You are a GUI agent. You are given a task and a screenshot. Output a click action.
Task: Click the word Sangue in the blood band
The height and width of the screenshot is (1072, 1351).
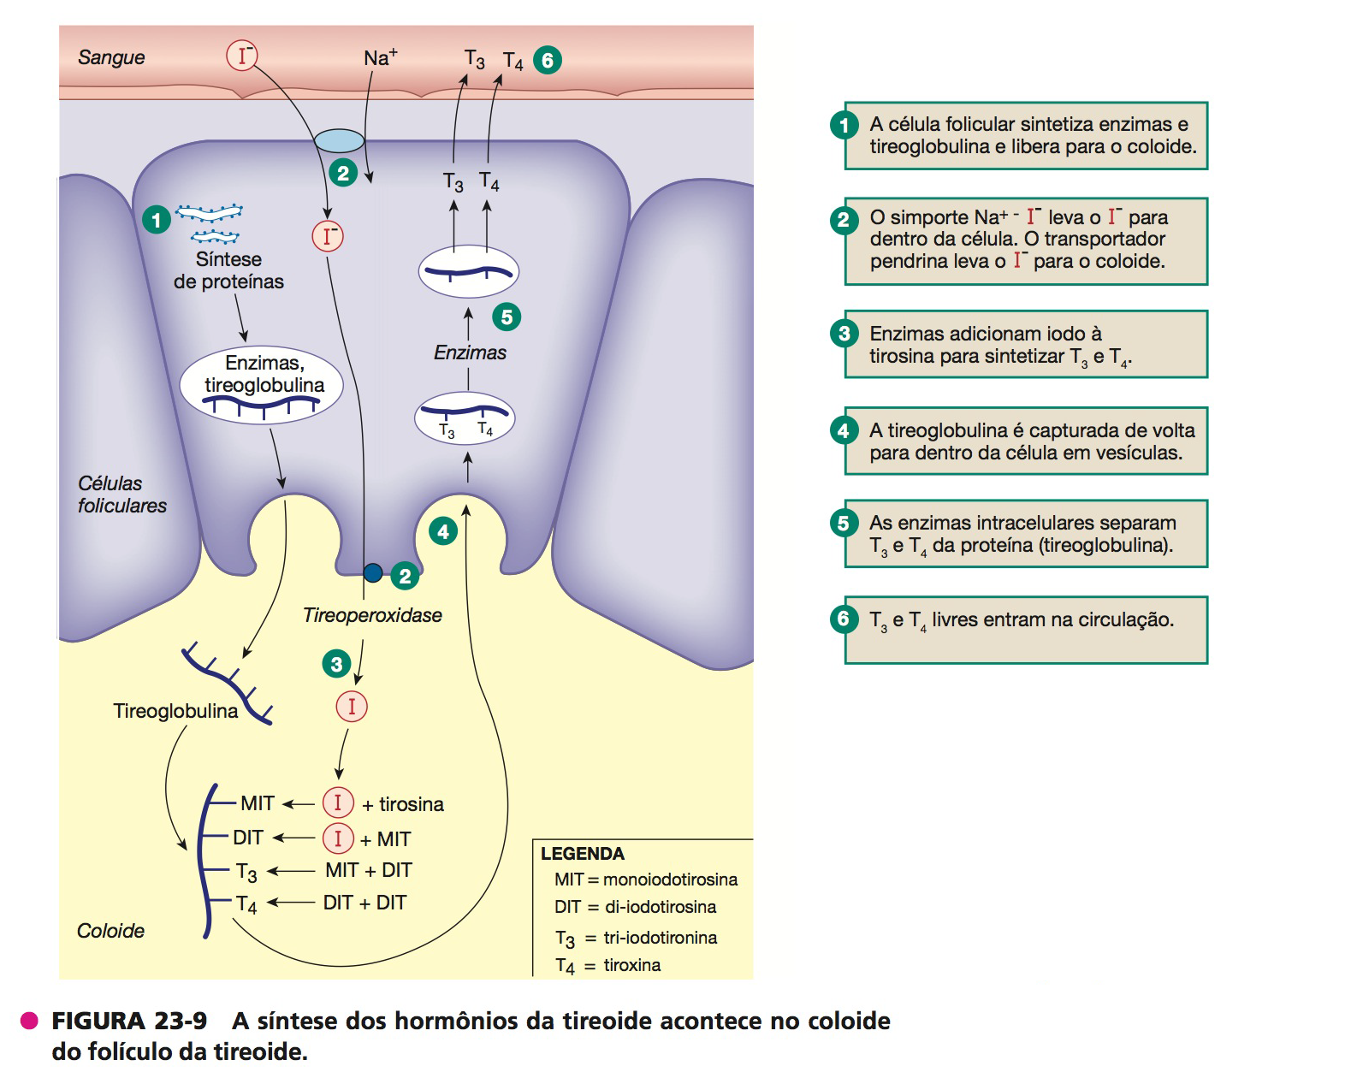coord(111,57)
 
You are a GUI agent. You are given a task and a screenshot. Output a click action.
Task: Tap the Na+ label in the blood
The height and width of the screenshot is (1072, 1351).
coord(380,57)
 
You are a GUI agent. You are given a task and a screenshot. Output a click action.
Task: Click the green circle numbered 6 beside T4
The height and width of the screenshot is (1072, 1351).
coord(548,60)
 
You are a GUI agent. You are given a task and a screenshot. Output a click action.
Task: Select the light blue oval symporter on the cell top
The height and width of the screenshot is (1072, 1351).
coord(340,140)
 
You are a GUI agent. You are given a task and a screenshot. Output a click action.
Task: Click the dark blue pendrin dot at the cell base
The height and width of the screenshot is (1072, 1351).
coord(373,572)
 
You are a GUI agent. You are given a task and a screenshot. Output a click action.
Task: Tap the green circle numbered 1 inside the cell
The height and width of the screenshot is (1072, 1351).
coord(156,220)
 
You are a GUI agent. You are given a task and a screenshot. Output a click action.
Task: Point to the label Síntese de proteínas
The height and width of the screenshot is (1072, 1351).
coord(228,270)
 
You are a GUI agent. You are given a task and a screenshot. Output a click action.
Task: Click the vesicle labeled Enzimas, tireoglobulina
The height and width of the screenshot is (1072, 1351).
coord(262,385)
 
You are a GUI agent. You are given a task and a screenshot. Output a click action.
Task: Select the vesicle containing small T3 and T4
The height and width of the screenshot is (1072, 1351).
coord(465,418)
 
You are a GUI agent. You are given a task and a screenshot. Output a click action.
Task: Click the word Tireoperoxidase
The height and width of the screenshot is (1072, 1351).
coord(372,615)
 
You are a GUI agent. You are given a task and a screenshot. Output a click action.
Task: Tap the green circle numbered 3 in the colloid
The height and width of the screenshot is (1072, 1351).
coord(336,663)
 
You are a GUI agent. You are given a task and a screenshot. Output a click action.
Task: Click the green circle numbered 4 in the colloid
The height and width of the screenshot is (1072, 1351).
coord(442,531)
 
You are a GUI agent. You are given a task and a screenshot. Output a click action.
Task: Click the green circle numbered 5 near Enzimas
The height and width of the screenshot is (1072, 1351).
coord(507,317)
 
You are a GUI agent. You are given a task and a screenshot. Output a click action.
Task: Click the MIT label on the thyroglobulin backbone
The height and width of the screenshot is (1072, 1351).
coord(257,803)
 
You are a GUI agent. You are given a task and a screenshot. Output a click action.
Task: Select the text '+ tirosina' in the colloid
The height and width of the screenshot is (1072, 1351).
coord(403,804)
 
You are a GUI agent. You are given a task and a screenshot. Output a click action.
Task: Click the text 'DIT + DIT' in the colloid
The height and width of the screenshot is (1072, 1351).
coord(364,903)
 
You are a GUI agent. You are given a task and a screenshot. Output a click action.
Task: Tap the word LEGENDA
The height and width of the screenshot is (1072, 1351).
coord(583,854)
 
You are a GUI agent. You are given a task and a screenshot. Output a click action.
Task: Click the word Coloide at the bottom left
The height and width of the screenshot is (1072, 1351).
coord(110,931)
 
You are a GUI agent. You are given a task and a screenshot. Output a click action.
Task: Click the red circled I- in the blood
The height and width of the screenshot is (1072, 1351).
coord(242,56)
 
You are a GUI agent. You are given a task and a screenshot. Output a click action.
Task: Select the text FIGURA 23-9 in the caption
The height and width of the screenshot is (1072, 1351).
coord(129,1021)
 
